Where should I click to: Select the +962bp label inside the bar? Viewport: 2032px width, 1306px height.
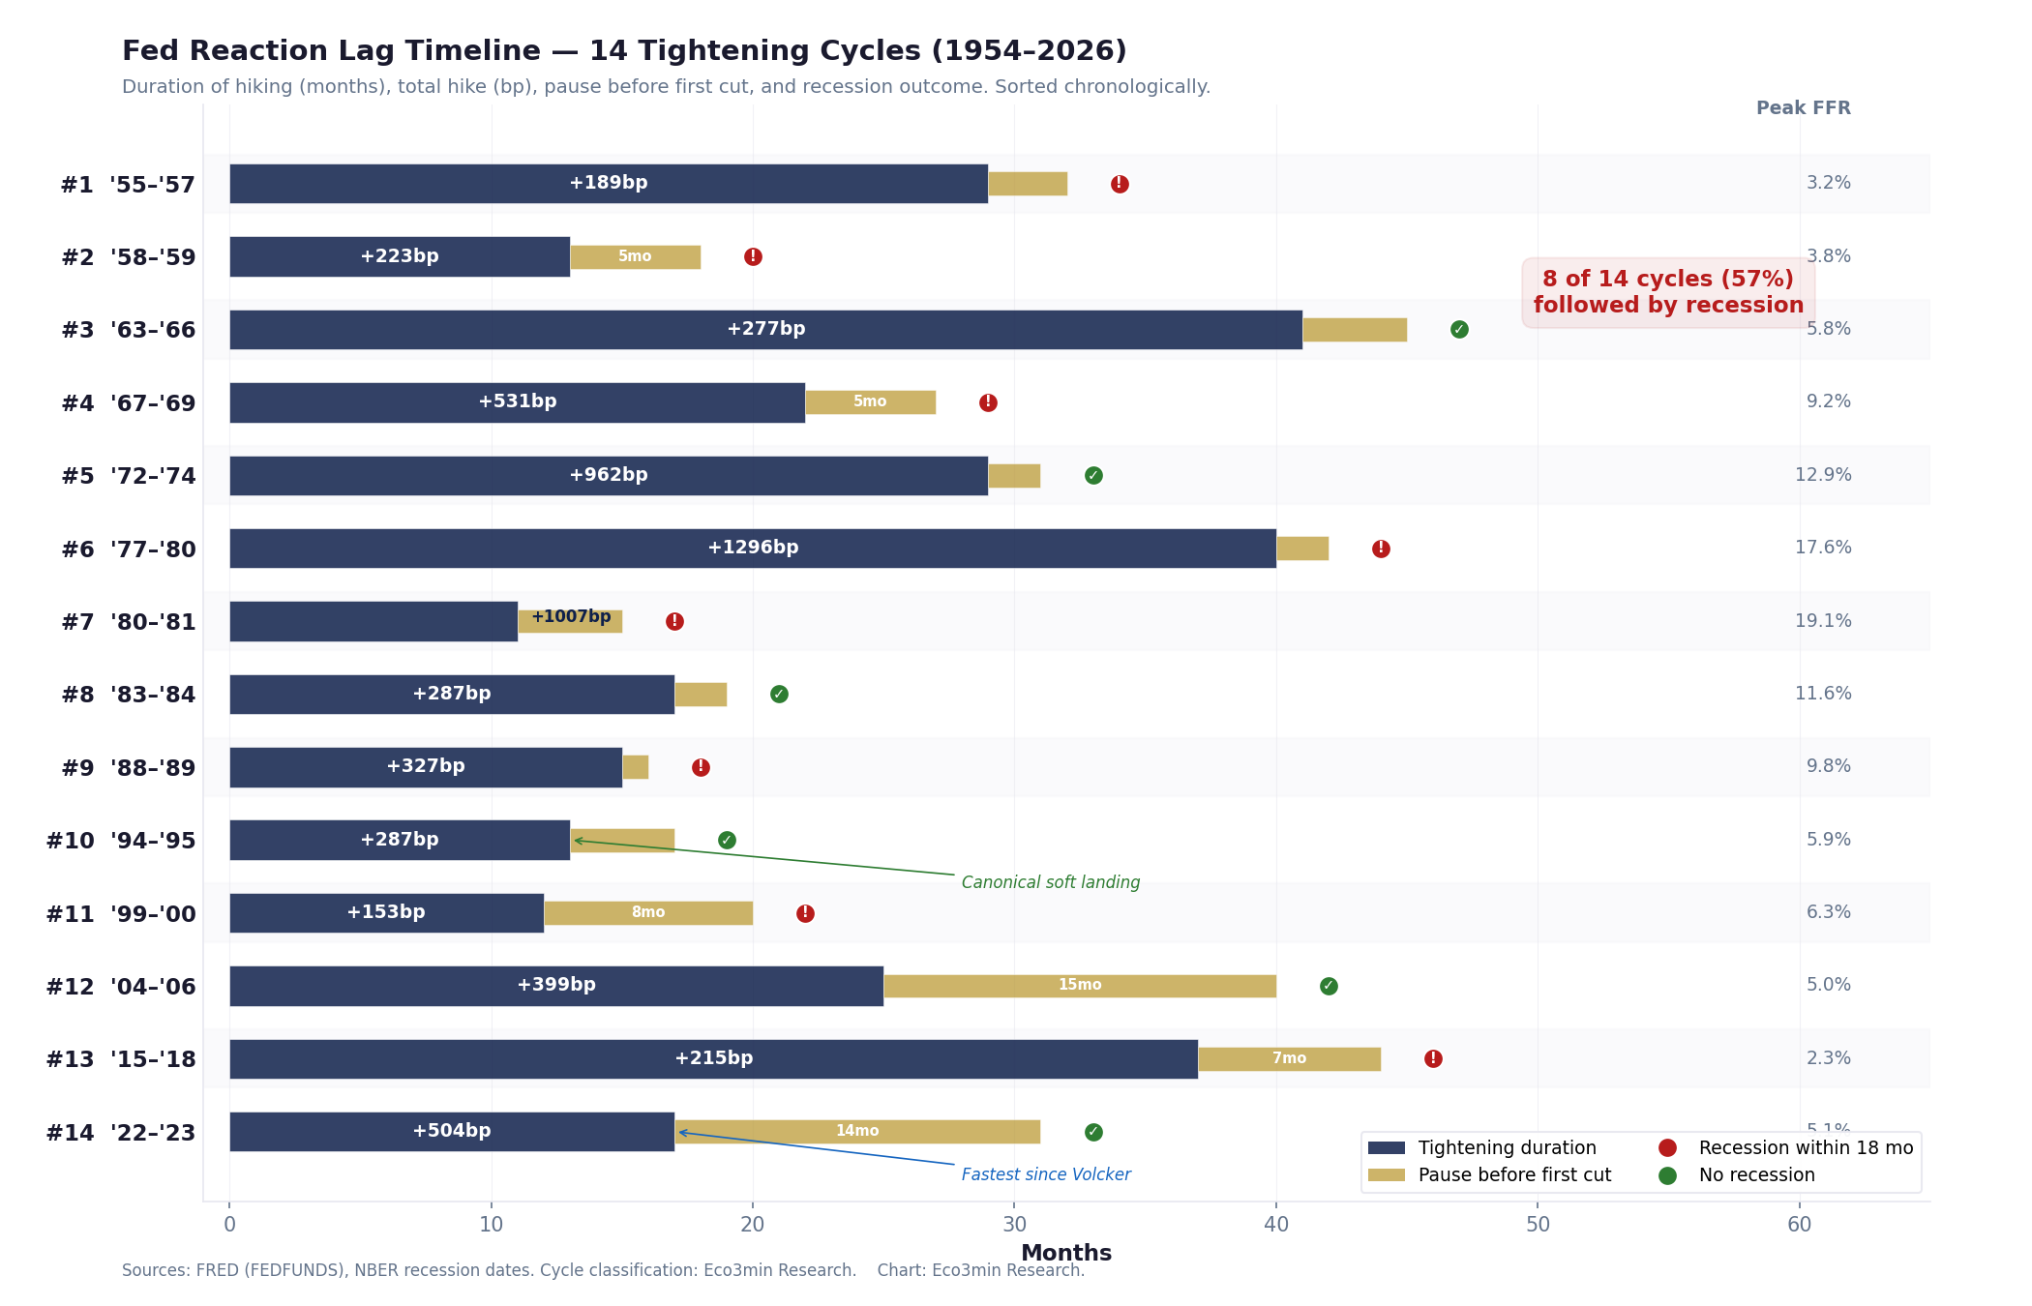[x=608, y=475]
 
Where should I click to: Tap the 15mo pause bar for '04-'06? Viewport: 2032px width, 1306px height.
[x=1079, y=986]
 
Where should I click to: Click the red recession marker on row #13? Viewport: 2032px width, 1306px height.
[x=1433, y=1058]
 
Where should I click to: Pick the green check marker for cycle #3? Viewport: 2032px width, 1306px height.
[x=1459, y=330]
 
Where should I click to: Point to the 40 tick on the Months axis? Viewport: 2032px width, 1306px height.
[x=1275, y=1225]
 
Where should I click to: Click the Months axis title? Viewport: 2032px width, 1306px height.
[x=1065, y=1253]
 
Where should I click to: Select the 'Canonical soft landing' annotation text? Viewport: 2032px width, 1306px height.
[x=1050, y=882]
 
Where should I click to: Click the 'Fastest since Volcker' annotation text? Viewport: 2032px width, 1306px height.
[x=1045, y=1174]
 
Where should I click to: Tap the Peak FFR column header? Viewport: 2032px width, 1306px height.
[x=1803, y=108]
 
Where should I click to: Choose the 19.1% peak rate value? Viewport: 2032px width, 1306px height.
[x=1823, y=621]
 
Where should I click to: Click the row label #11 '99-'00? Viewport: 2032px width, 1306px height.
[x=121, y=913]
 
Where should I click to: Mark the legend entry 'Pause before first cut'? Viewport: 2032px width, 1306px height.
[x=1514, y=1175]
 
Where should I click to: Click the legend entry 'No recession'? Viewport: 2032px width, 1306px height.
[x=1756, y=1175]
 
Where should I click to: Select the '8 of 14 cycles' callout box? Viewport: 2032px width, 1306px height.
[x=1667, y=292]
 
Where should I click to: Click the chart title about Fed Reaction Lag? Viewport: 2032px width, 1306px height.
[x=624, y=51]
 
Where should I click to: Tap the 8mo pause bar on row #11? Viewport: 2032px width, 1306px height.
[x=647, y=912]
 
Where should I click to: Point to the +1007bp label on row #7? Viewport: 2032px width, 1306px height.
[x=571, y=617]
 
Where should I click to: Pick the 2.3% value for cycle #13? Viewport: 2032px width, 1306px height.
[x=1828, y=1058]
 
